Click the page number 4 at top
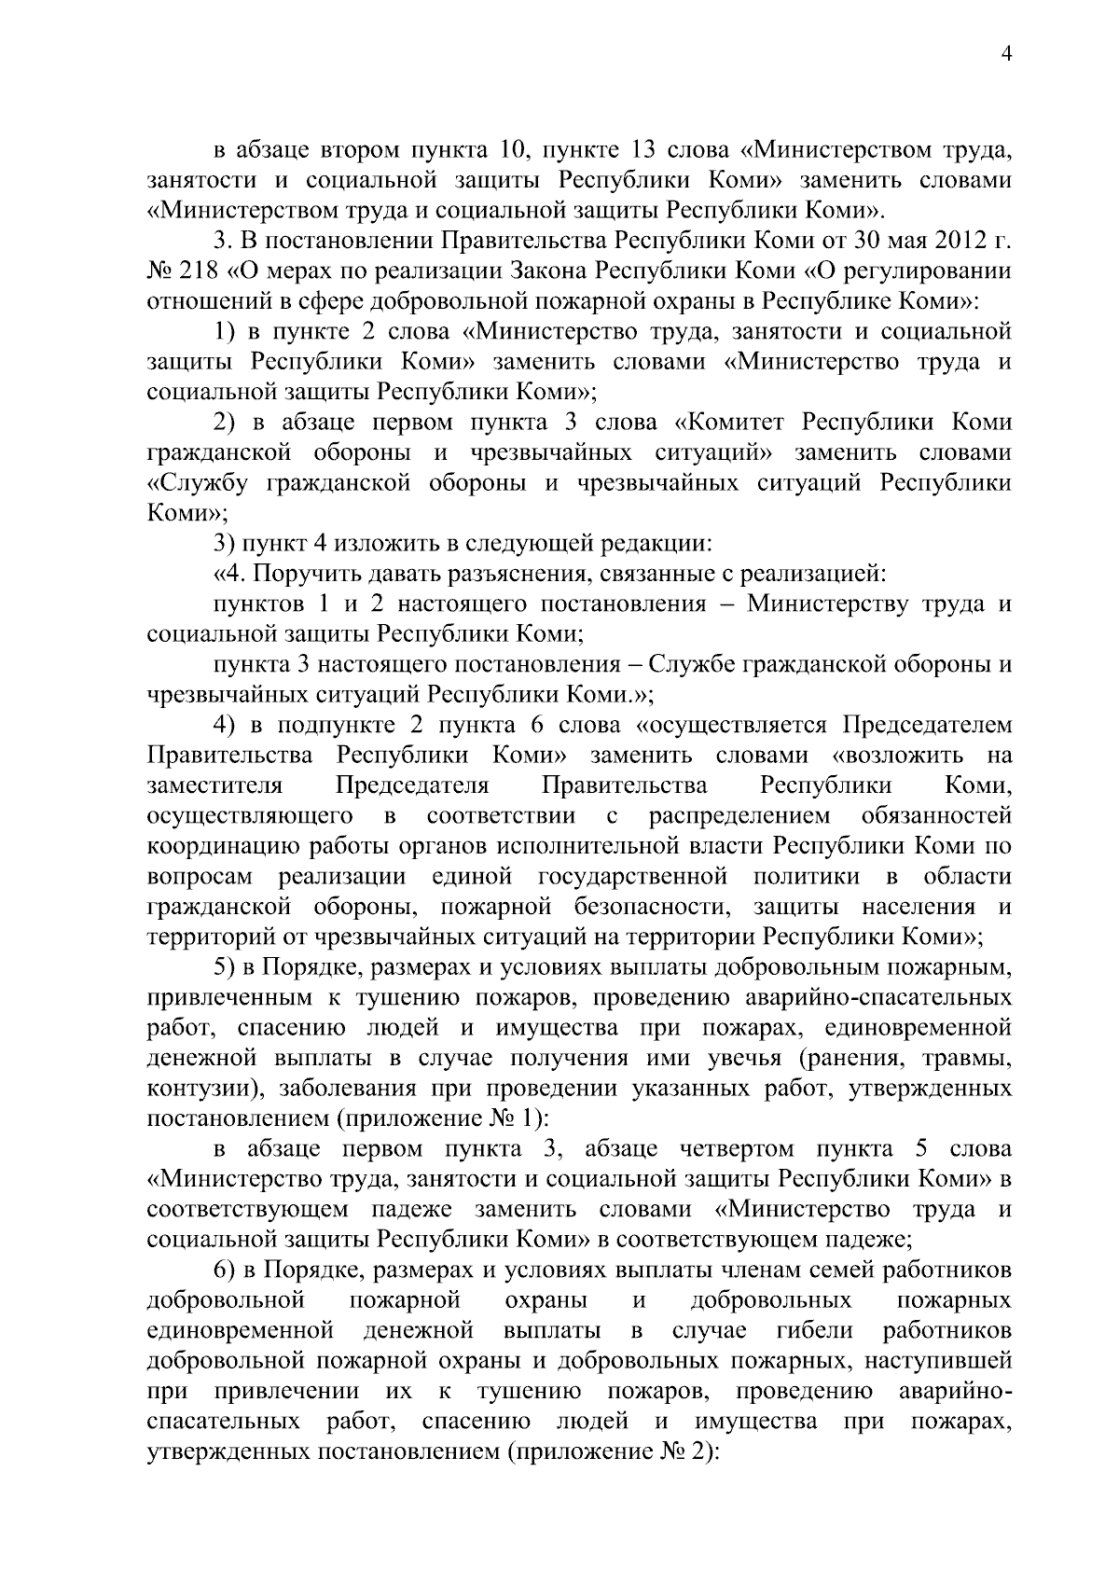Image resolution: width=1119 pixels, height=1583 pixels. [1005, 54]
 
